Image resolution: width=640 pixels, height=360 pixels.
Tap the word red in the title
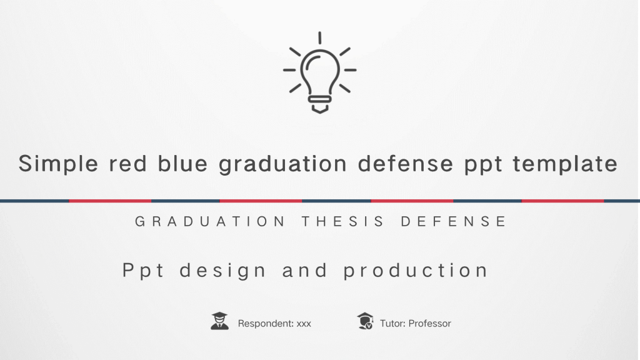click(x=127, y=163)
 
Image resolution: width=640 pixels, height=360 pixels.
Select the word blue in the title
click(x=182, y=163)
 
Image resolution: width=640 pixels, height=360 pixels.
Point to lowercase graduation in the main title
click(x=282, y=164)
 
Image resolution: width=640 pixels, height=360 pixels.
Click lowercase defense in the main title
click(x=405, y=163)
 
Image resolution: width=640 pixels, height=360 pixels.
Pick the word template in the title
click(x=565, y=164)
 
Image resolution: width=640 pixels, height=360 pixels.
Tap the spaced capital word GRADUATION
click(x=210, y=221)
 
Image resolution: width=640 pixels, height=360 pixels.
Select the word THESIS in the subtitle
click(x=343, y=221)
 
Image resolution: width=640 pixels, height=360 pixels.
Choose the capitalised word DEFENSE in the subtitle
click(x=454, y=221)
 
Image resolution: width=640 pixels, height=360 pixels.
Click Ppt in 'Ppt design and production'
click(x=143, y=271)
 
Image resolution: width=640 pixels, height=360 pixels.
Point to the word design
click(x=222, y=271)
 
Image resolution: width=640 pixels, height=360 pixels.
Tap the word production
click(x=416, y=271)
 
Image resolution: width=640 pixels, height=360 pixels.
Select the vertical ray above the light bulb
click(x=319, y=37)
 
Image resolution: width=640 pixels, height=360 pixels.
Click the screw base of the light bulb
click(x=319, y=104)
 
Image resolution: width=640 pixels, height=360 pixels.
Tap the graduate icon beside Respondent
click(x=219, y=321)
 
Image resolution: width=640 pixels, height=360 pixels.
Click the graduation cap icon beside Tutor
click(x=365, y=321)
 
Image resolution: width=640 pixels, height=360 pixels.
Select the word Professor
click(x=430, y=323)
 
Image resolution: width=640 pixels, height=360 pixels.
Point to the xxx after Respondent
click(x=304, y=324)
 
